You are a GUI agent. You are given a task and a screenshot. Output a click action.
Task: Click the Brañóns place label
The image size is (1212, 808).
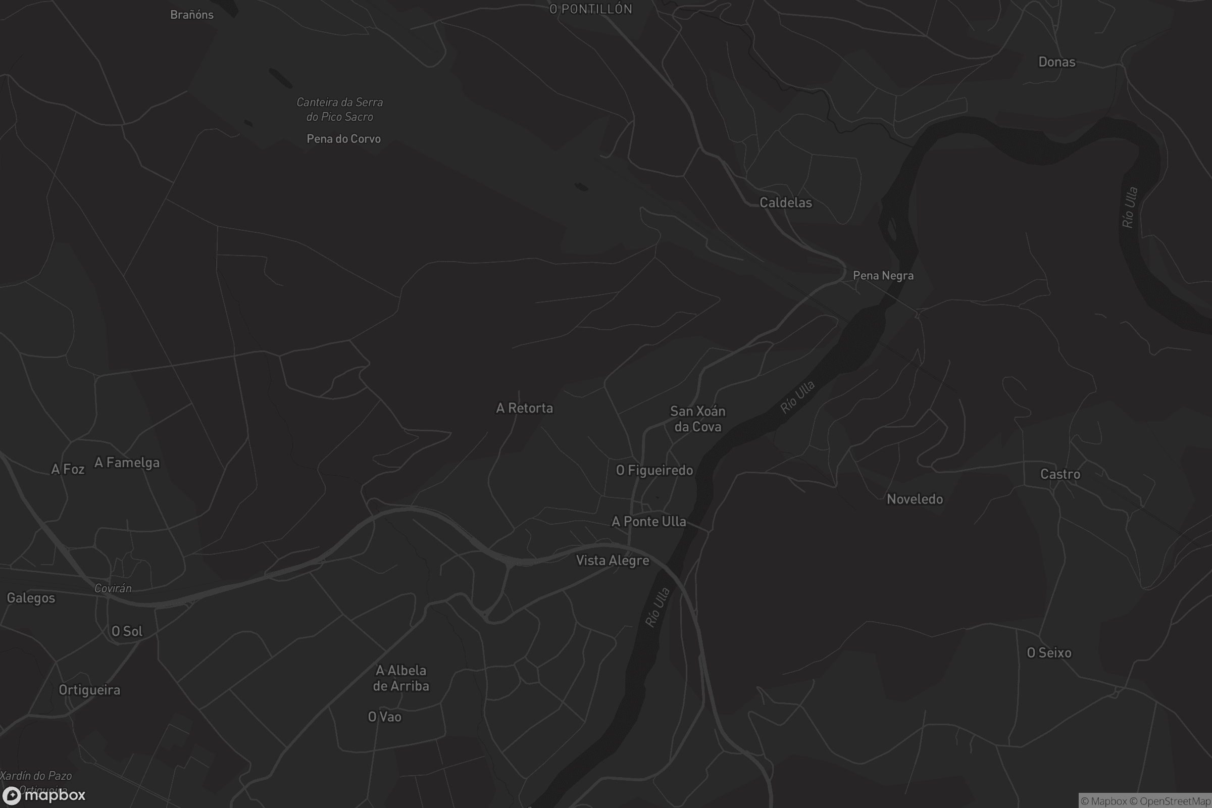(192, 15)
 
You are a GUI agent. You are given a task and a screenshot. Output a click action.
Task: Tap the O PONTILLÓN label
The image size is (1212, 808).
(590, 9)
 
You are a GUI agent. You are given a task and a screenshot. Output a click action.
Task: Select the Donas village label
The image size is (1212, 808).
(1056, 62)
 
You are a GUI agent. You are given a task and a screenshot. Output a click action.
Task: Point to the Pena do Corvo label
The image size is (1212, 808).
(343, 138)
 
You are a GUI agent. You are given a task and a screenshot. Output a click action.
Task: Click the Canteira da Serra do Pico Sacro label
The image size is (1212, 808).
(339, 109)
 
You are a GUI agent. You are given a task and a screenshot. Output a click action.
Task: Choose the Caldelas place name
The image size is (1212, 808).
(785, 203)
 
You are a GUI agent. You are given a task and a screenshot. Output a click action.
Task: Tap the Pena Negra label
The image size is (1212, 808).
(883, 276)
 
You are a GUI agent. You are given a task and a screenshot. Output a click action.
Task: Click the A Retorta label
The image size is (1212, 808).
(524, 408)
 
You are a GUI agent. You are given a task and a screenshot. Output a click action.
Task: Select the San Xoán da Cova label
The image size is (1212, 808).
(697, 419)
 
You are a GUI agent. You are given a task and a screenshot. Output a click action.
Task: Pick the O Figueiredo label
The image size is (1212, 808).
(654, 470)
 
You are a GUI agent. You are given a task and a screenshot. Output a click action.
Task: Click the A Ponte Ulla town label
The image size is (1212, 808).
(648, 522)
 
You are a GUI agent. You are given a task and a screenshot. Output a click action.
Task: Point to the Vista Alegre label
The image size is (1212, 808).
(612, 560)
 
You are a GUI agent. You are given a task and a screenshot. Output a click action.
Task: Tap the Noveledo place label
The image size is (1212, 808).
(915, 499)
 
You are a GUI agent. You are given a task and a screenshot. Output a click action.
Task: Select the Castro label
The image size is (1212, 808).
(1060, 474)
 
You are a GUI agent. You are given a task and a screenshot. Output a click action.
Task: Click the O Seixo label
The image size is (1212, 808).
(1049, 652)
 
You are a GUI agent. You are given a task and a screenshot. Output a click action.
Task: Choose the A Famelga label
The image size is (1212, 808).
(127, 463)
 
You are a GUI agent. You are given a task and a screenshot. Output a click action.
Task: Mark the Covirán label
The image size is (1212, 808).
(113, 588)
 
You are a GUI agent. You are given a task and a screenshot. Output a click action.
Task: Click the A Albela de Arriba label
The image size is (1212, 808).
(401, 678)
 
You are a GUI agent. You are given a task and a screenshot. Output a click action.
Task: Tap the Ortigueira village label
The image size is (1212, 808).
(89, 689)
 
